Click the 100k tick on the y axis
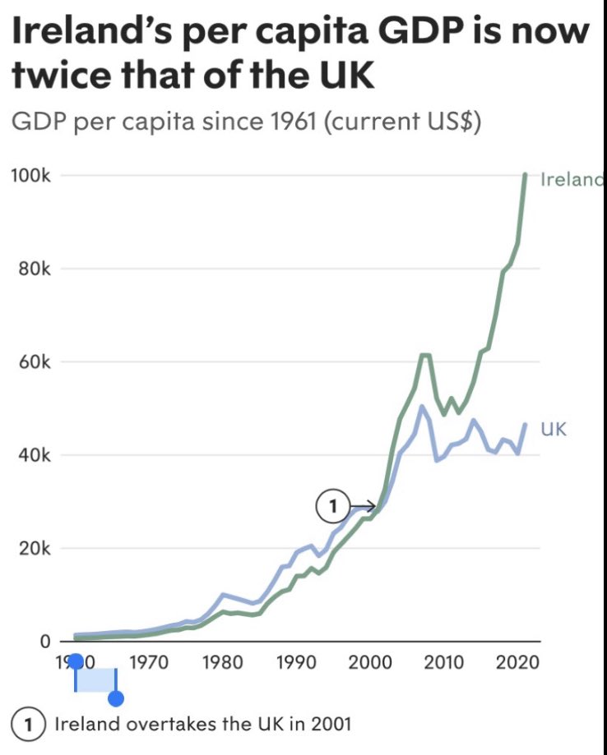[x=32, y=176]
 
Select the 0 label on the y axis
[x=45, y=641]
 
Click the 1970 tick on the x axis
[x=149, y=662]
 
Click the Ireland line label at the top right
[x=572, y=180]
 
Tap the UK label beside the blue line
[x=554, y=428]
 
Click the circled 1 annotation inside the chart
[x=331, y=506]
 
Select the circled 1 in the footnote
[x=30, y=725]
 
